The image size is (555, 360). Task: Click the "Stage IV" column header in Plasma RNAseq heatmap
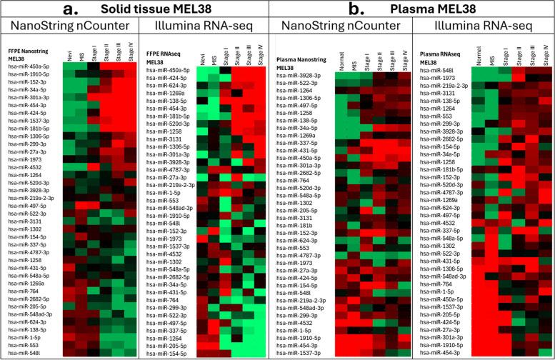pos(546,55)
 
